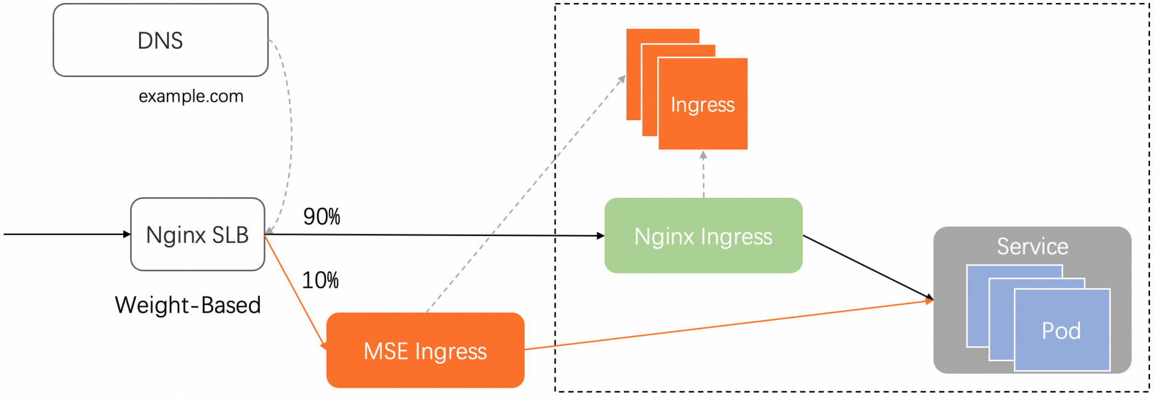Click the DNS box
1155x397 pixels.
coord(160,40)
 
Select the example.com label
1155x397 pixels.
coord(191,96)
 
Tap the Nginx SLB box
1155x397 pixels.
coord(197,234)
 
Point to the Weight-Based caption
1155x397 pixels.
coord(188,305)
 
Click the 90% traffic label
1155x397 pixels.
coord(322,216)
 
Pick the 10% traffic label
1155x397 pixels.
coord(320,280)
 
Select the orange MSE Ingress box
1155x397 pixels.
coord(425,351)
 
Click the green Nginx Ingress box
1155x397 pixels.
coord(703,236)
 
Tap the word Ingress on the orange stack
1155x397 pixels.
coord(702,105)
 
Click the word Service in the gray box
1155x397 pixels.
coord(1032,247)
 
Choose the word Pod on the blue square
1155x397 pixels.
coord(1061,331)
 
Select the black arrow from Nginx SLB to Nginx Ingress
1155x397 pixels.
coord(431,235)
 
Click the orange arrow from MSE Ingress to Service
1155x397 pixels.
coord(727,325)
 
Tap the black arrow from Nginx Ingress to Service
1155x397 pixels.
coord(869,268)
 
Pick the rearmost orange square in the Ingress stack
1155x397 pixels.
coord(633,74)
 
